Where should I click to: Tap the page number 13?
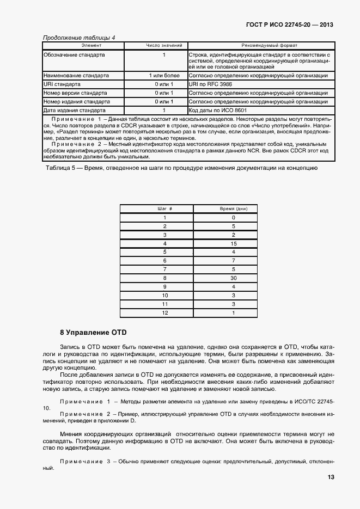(x=330, y=477)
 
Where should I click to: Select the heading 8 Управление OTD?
(x=93, y=332)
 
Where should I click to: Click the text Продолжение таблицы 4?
(x=78, y=38)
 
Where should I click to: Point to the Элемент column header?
(x=83, y=45)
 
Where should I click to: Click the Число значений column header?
(x=163, y=45)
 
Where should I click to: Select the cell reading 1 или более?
(x=163, y=76)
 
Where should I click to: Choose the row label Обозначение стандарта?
(x=74, y=55)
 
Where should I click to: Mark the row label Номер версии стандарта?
(x=75, y=93)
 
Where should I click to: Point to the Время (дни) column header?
(x=233, y=208)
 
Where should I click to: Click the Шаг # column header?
(x=164, y=208)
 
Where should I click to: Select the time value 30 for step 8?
(x=233, y=278)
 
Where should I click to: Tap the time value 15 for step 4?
(x=233, y=243)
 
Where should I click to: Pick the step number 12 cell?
(x=164, y=312)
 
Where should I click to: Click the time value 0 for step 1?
(x=233, y=217)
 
